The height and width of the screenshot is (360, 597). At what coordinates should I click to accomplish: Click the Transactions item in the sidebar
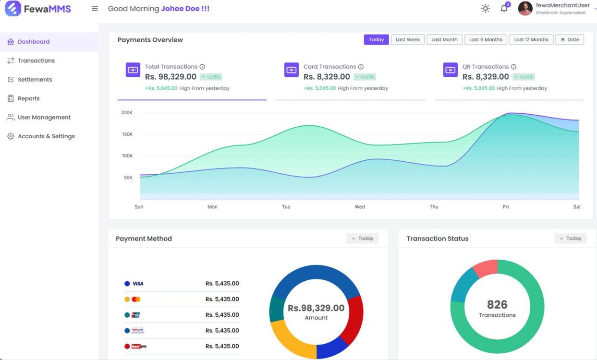click(x=36, y=60)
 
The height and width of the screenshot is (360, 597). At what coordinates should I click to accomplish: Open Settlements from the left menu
click(x=35, y=80)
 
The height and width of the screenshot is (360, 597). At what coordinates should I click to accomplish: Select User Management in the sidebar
click(x=44, y=117)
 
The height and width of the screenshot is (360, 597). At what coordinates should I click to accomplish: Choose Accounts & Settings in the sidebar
click(x=46, y=136)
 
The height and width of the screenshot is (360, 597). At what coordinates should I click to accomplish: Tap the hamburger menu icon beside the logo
click(x=95, y=9)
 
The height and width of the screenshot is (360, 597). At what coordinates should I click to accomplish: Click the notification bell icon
click(x=504, y=9)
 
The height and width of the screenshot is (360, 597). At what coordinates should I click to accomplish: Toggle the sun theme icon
click(x=486, y=9)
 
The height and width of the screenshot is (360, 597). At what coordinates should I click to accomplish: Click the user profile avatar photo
click(x=525, y=9)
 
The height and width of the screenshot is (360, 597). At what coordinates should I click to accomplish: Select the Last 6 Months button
click(x=486, y=40)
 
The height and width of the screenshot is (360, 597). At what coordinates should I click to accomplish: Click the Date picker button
click(x=570, y=40)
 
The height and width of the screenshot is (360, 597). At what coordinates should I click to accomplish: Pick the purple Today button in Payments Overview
click(x=376, y=40)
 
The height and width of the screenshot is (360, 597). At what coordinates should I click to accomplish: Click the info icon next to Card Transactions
click(x=361, y=67)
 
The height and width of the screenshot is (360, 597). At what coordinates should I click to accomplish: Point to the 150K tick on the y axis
click(x=127, y=134)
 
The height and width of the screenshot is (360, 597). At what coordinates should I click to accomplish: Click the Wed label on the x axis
click(x=360, y=207)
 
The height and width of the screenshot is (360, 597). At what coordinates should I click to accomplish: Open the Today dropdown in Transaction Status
click(x=570, y=239)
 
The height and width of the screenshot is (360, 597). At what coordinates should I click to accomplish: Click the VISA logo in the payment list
click(x=138, y=284)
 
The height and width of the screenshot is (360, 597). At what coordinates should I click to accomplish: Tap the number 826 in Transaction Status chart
click(x=497, y=305)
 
